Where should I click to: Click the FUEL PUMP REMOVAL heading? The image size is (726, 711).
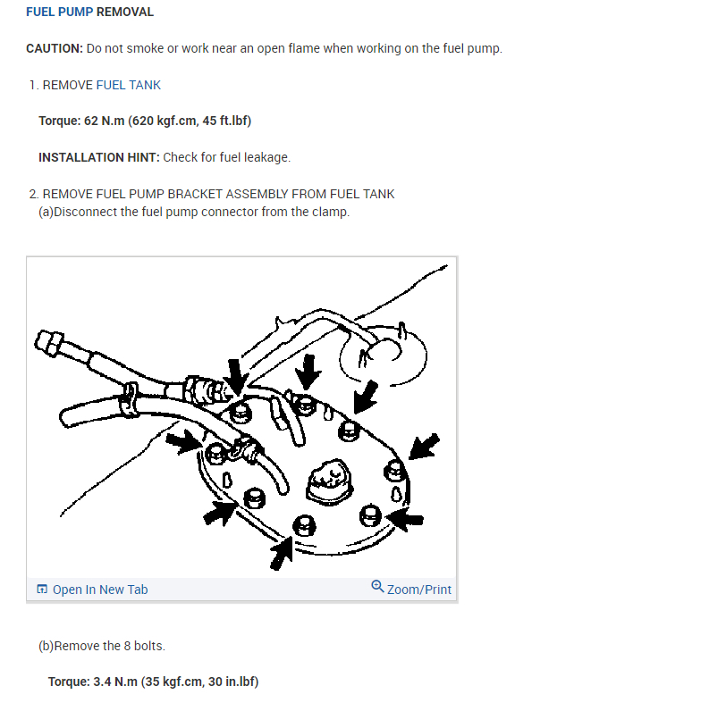[89, 13]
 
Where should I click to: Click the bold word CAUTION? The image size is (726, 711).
[55, 48]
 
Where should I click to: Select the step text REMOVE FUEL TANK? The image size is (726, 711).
[101, 85]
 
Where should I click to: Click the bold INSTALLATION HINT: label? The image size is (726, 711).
[98, 157]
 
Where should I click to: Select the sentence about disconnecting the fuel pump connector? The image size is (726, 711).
[194, 213]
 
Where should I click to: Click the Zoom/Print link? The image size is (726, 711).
[419, 590]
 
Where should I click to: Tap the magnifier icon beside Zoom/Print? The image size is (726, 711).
[377, 587]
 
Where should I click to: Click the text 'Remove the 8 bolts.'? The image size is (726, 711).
[102, 646]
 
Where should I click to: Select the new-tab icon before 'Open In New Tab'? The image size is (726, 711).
[42, 590]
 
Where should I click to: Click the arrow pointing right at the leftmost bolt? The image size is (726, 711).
[183, 440]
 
